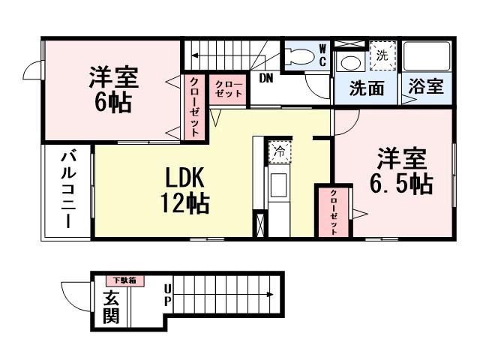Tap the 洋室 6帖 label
(x=112, y=88)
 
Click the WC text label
(x=322, y=55)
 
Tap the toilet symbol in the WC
(x=299, y=55)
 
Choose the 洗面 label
(x=367, y=88)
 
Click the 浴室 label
(x=426, y=87)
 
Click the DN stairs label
(x=265, y=78)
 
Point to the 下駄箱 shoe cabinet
(x=124, y=280)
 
